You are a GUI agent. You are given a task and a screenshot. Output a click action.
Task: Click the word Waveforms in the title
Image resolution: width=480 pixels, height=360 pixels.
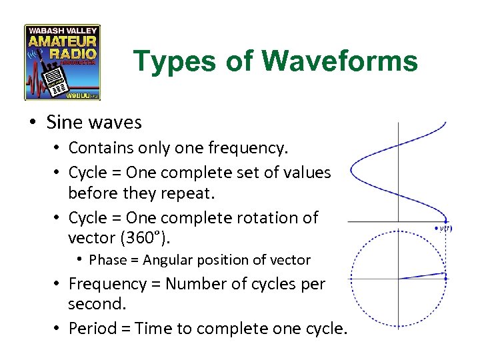[x=340, y=61]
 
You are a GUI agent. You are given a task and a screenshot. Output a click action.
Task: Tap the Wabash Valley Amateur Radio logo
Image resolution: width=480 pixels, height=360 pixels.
[x=62, y=62]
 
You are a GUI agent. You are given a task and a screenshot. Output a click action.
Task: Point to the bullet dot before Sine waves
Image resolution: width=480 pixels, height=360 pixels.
[x=33, y=123]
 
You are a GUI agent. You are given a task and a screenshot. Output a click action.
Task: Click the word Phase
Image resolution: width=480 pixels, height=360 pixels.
[x=108, y=260]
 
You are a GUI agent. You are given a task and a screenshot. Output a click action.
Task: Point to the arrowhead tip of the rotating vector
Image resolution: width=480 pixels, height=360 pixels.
[x=445, y=273]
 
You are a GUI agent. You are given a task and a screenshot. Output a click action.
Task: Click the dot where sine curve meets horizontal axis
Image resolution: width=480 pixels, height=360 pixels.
[x=445, y=221]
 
